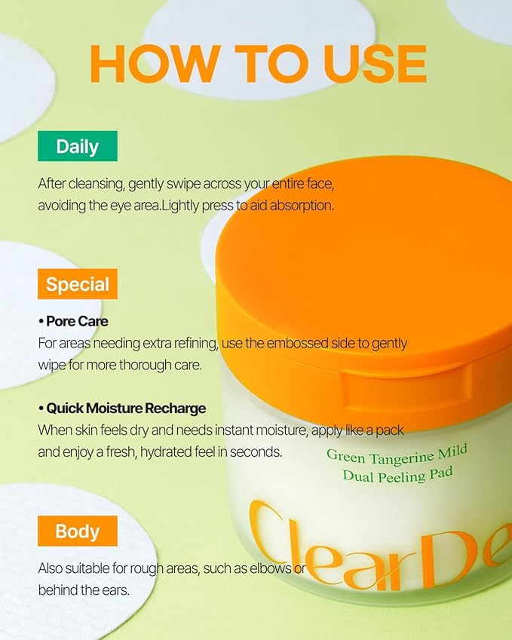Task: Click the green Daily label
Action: coord(78,146)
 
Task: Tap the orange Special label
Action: coord(78,284)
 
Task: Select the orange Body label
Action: coord(78,531)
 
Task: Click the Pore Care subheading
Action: coord(73,321)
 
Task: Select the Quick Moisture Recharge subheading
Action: coord(122,409)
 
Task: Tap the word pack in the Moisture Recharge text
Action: coord(388,430)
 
